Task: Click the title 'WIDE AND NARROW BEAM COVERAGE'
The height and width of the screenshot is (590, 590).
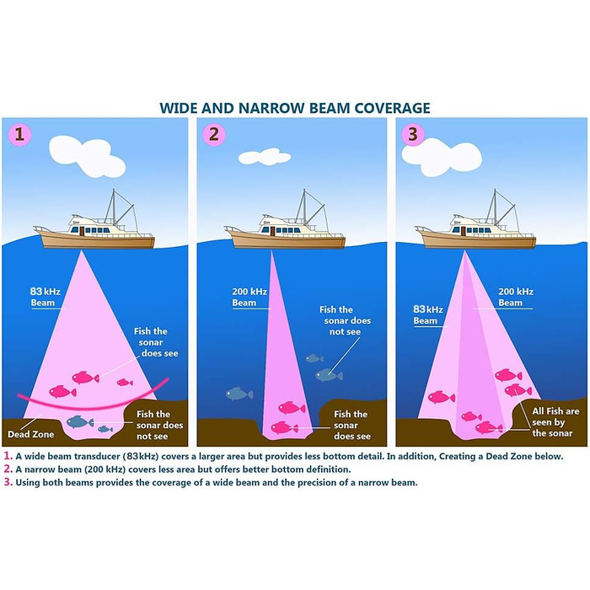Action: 295,108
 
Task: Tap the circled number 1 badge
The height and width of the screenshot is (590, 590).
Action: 17,133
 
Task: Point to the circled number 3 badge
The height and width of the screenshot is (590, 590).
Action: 412,133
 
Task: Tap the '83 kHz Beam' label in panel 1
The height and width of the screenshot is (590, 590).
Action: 44,296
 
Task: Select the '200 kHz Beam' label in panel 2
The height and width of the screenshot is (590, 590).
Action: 249,297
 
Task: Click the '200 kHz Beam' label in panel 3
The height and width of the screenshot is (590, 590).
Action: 510,297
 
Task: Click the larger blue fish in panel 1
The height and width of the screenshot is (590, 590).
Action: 80,421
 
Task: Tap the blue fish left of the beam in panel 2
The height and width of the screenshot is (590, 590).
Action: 239,394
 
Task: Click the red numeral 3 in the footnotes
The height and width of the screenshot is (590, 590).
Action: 8,483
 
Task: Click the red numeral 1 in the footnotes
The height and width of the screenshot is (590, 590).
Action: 8,456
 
